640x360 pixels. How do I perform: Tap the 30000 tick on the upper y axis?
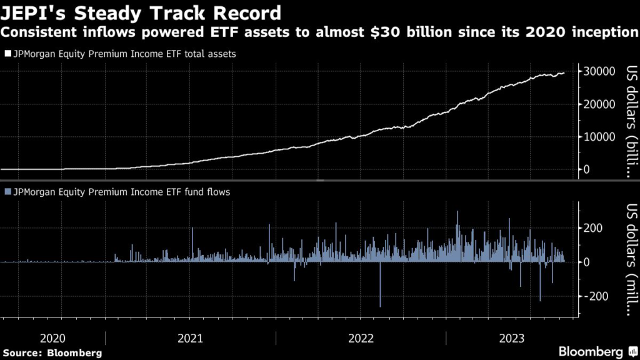(599, 72)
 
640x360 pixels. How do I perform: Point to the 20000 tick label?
(599, 104)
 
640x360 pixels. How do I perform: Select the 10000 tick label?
(599, 137)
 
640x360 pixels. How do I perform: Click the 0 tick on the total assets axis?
(587, 169)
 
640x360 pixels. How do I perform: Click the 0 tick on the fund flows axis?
(587, 262)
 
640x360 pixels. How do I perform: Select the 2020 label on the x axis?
(52, 338)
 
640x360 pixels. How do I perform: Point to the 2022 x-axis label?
(361, 338)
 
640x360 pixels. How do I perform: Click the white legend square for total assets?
(7, 54)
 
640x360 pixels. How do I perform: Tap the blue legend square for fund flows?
(7, 192)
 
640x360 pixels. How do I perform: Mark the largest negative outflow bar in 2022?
(380, 284)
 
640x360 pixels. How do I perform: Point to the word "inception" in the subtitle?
(604, 32)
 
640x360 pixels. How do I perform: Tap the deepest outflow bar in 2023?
(540, 281)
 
